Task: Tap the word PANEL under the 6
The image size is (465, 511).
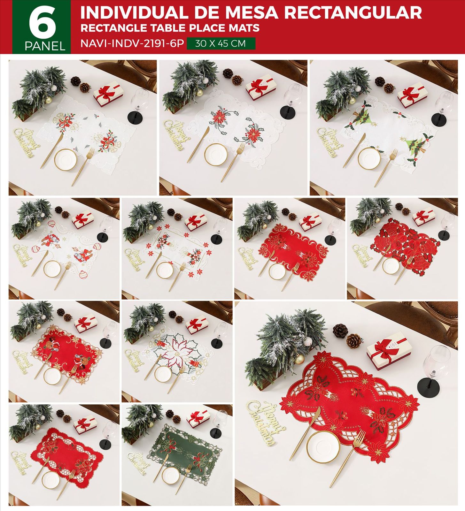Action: [x=45, y=47]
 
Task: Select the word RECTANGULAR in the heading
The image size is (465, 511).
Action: [x=353, y=13]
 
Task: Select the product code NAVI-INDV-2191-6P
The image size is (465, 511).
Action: [x=132, y=43]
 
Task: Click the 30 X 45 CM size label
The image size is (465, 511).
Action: [x=221, y=43]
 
